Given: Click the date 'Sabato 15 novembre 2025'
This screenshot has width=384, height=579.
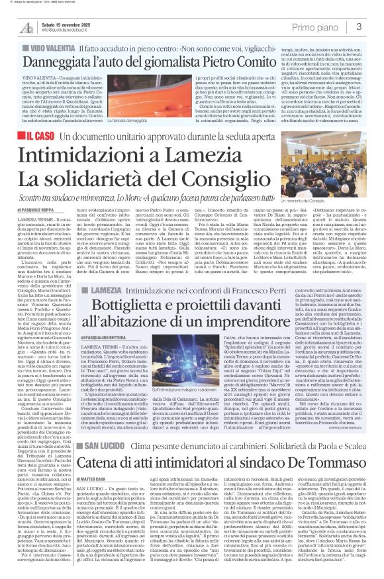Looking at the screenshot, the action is (67, 23).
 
